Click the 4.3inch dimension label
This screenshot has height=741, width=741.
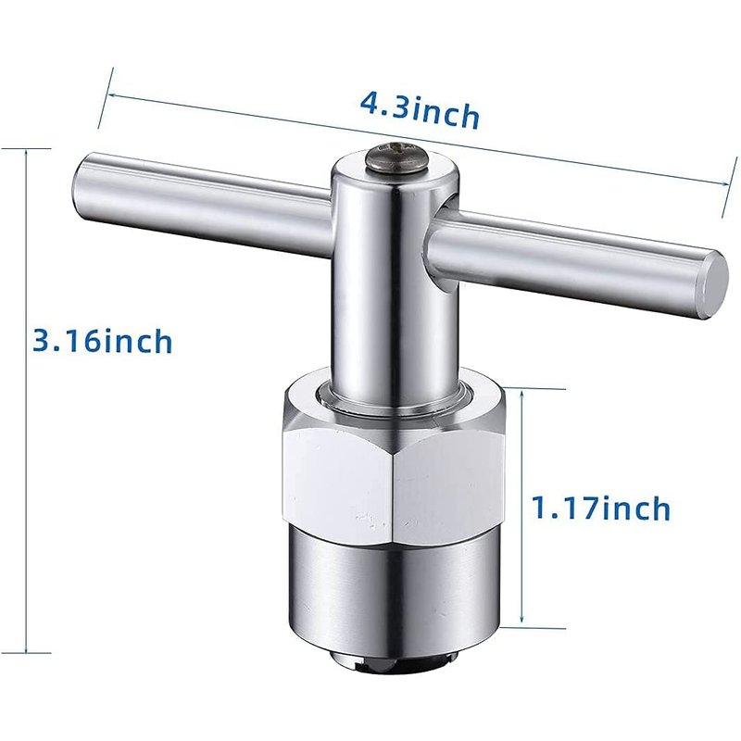(x=420, y=111)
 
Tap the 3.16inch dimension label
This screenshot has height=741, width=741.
(x=102, y=340)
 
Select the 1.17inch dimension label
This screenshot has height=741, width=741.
(x=601, y=508)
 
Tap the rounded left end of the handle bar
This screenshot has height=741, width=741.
(x=81, y=185)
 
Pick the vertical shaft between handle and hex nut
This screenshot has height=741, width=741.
(x=396, y=303)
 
